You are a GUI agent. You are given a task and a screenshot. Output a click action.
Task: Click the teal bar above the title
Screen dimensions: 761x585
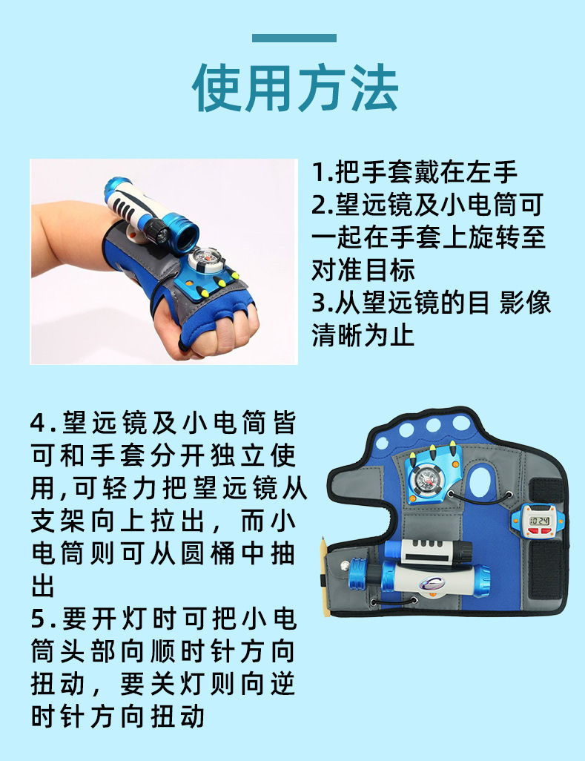click(294, 39)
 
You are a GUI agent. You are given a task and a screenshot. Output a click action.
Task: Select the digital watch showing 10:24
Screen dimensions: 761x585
click(539, 519)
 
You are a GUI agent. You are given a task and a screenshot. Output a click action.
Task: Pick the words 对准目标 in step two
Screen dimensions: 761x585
click(363, 271)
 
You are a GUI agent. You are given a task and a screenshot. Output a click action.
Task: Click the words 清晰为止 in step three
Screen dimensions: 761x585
click(363, 336)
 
